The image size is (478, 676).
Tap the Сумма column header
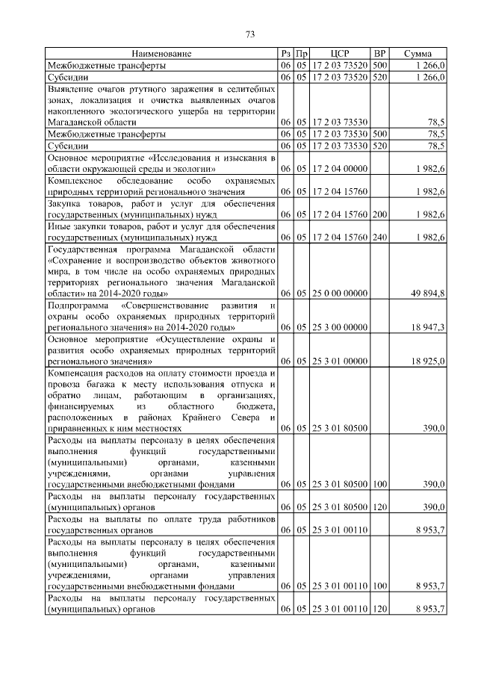(417, 54)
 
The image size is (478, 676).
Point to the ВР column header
(379, 54)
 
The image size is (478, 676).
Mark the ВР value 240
(379, 238)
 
